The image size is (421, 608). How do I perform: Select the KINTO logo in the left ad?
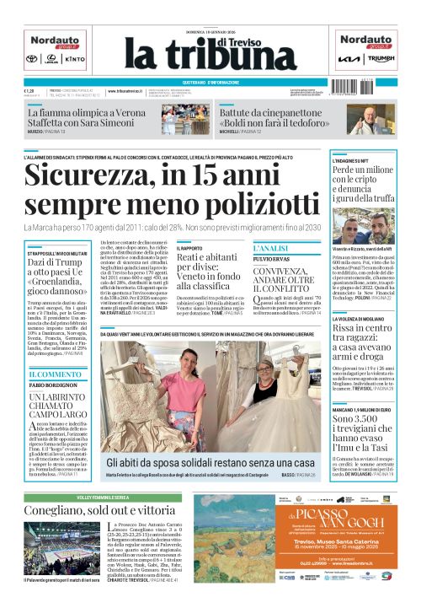pos(74,60)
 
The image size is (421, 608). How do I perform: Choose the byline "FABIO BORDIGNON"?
pos(56,385)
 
